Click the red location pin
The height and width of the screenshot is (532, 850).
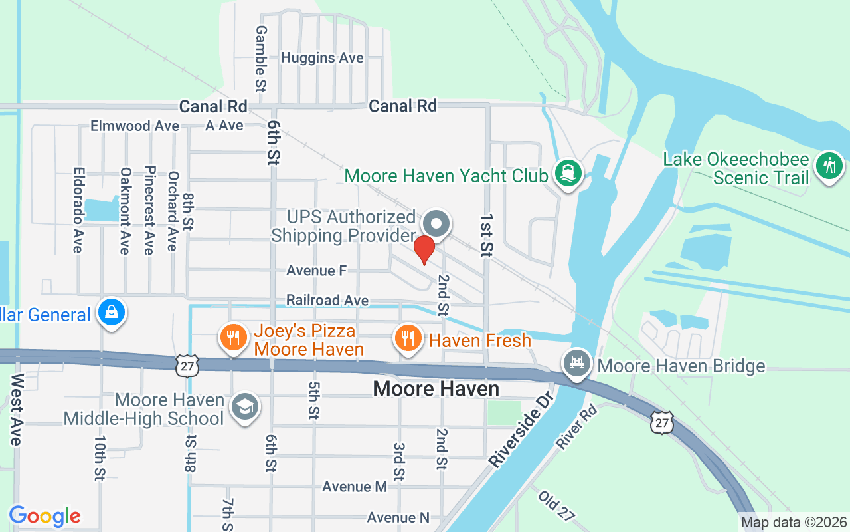424,249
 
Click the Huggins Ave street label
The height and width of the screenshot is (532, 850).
322,58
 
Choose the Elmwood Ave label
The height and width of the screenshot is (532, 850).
135,126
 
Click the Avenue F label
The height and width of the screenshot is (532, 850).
317,271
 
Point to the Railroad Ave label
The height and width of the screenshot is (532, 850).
327,301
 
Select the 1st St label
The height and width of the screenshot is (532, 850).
487,235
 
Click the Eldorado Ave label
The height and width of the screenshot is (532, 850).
77,209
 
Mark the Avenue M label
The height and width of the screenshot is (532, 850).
355,487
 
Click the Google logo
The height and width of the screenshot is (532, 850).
44,516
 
